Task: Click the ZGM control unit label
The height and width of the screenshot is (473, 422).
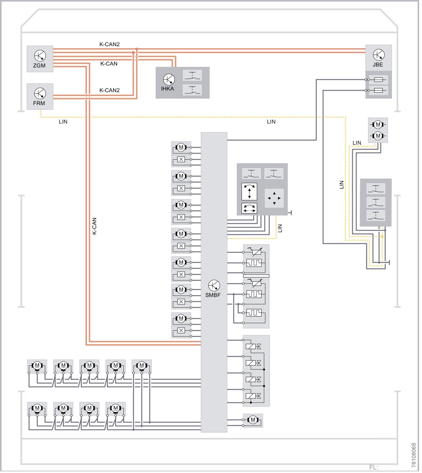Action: pos(39,66)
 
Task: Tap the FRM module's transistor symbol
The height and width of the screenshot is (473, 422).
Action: pos(40,94)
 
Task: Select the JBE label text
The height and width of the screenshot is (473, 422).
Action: pos(378,65)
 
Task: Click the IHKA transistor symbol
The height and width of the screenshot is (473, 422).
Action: pos(169,79)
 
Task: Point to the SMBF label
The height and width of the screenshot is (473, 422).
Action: pos(213,295)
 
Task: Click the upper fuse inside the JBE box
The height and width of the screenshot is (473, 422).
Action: pos(378,80)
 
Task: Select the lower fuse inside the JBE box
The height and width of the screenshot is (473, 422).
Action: pos(378,90)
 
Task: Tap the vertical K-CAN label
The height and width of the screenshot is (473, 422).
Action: pos(94,226)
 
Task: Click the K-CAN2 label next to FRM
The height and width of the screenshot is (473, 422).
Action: pos(109,90)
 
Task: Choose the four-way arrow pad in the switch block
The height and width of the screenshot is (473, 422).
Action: pos(274,198)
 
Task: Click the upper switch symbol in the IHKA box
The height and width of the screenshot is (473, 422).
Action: pos(192,76)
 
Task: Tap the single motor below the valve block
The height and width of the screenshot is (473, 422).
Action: pos(253,420)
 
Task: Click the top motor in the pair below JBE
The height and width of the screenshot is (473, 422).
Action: pos(378,124)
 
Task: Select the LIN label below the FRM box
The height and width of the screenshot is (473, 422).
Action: pos(63,122)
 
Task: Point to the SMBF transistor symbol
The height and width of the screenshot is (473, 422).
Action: pos(214,285)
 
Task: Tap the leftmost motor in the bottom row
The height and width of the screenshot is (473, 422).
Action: pos(37,408)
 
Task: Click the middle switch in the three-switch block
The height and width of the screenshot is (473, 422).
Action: pos(376,202)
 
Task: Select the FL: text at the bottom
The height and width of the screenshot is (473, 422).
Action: pos(374,467)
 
